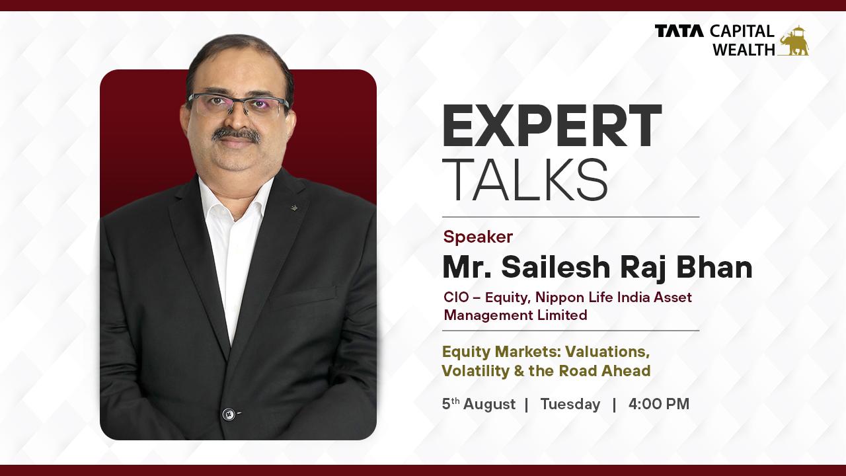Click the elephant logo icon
click(793, 40)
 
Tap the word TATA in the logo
click(679, 31)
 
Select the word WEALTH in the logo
click(743, 49)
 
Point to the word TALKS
click(525, 180)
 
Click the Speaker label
click(478, 237)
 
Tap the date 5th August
click(479, 404)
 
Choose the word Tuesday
click(570, 404)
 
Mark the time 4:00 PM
click(658, 404)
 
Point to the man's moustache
click(236, 134)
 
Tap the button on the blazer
click(229, 415)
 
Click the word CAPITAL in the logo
click(742, 31)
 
